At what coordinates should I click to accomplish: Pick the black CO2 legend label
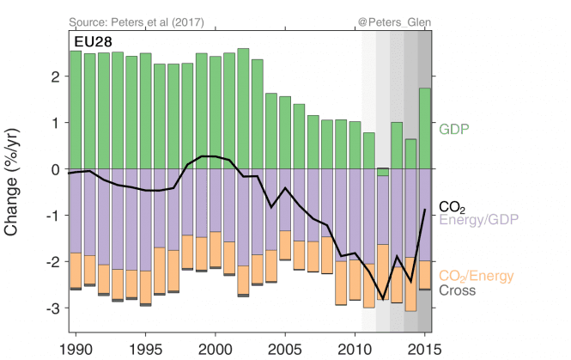pos(453,206)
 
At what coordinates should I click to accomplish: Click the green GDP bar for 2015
pos(424,129)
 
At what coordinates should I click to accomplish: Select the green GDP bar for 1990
pos(76,110)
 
